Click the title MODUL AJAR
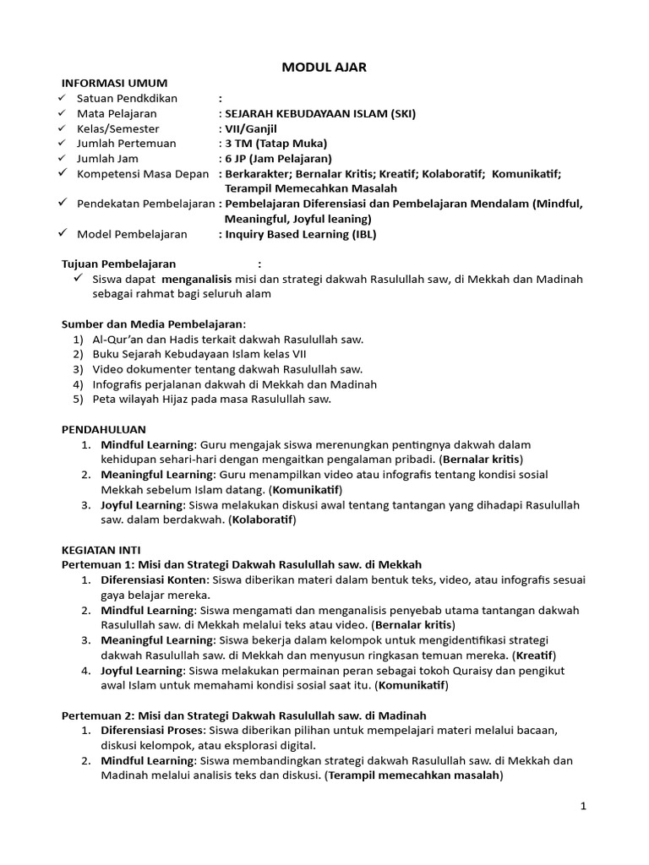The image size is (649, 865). click(324, 68)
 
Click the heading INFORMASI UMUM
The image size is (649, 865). click(115, 83)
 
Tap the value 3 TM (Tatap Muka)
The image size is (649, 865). click(276, 144)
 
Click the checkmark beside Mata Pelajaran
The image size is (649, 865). click(62, 113)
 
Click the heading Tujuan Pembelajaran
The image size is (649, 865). click(117, 264)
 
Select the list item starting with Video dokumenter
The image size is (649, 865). click(227, 370)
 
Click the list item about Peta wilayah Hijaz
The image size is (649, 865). click(212, 400)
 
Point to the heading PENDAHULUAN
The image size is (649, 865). click(105, 430)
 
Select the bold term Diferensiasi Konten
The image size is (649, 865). click(154, 580)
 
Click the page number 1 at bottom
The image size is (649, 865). click(583, 807)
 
